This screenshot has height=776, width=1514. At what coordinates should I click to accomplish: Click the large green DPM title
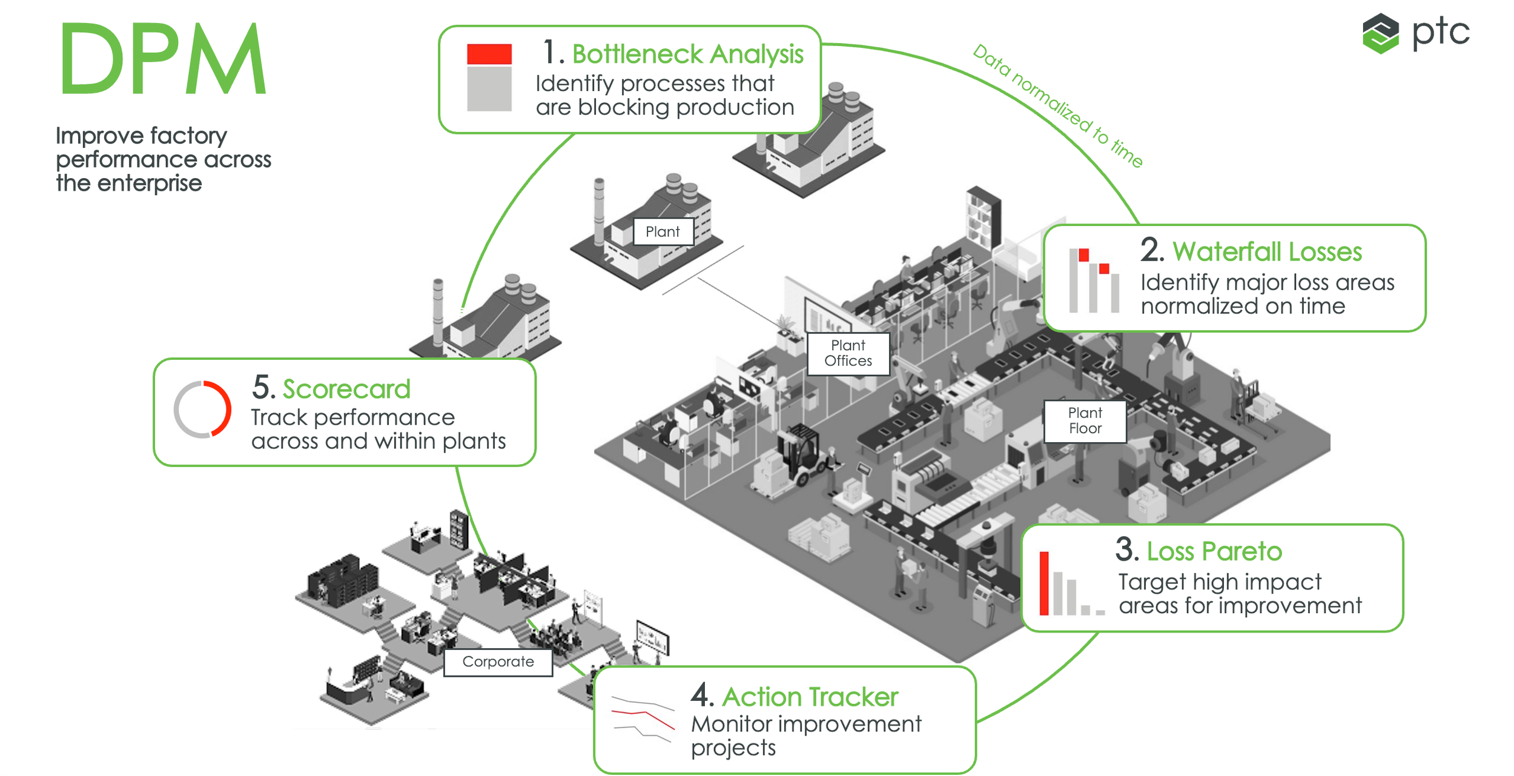[163, 59]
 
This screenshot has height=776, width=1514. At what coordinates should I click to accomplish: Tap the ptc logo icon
[1380, 33]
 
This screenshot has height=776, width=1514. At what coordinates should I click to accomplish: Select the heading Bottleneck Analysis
[688, 54]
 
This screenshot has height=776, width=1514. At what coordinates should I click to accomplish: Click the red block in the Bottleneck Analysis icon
[489, 54]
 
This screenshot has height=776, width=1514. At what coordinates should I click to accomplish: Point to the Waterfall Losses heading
[1268, 251]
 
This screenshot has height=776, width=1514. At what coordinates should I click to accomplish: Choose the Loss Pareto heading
[1214, 551]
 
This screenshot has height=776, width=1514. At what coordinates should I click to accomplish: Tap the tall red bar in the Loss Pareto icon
[1044, 583]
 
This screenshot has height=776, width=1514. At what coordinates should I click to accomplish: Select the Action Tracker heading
[810, 697]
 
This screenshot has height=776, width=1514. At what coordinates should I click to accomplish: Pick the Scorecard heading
[346, 389]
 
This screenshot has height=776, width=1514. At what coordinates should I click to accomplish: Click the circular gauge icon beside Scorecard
[202, 409]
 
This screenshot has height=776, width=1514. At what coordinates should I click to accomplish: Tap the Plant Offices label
[848, 353]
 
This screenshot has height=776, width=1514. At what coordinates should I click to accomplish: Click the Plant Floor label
[1085, 420]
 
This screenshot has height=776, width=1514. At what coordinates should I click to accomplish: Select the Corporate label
[498, 662]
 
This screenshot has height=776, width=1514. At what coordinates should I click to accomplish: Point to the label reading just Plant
[663, 231]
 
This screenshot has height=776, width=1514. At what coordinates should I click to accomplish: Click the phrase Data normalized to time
[1057, 106]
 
